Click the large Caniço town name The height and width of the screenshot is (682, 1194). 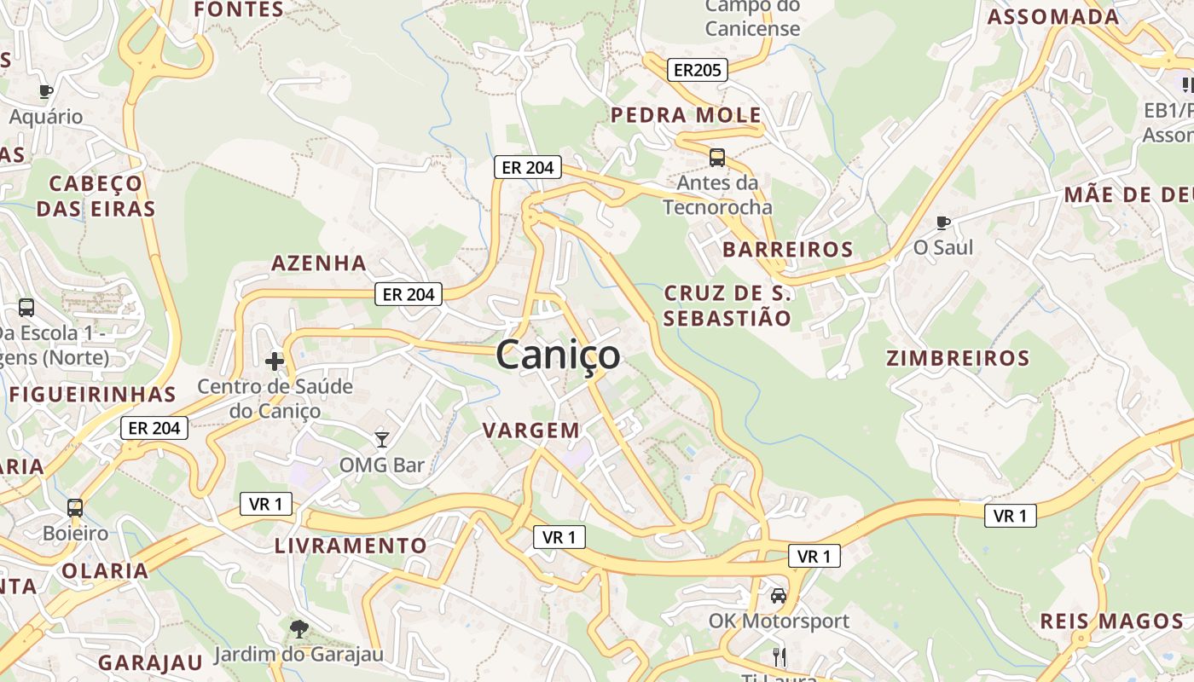coord(558,355)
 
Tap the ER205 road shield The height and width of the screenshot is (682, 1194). coord(697,70)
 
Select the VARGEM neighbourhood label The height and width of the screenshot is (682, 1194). coord(531,431)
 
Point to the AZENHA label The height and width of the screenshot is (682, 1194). coord(319,263)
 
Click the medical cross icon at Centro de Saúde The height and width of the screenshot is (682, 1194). coord(275,361)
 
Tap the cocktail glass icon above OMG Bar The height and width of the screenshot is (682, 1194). coord(382,440)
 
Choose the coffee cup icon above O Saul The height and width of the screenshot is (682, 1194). coord(942,223)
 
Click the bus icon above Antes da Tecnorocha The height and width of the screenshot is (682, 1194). coord(717,158)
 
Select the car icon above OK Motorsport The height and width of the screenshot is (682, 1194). coord(779,596)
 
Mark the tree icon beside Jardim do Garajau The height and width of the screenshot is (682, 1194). coord(298,629)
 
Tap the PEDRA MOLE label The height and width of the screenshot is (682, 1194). coord(686,115)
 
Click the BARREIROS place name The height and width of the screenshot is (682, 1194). coord(787,249)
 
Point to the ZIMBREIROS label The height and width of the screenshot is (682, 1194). coord(958,358)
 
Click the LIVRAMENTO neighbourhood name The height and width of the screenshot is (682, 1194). coord(351,546)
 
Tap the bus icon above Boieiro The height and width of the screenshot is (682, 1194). coord(75,508)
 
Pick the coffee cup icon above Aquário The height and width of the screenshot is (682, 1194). coord(46,91)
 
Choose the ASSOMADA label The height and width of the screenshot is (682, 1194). coord(1053,17)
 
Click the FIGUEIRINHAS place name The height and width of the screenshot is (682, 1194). coord(92,395)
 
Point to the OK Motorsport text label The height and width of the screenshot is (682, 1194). coord(779,621)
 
